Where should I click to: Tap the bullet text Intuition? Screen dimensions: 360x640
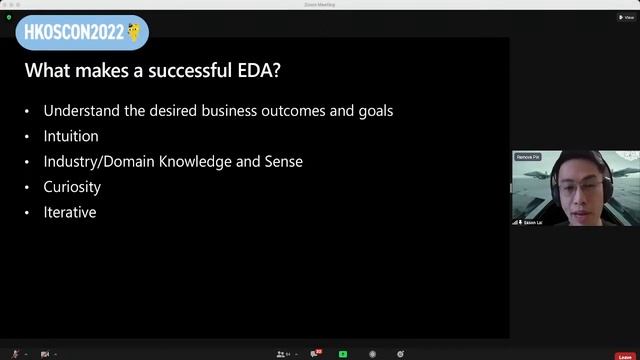(x=71, y=136)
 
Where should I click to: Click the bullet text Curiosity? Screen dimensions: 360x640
(x=72, y=187)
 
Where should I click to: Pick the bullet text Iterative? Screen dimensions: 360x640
(x=70, y=212)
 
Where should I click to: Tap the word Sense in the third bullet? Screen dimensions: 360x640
(x=284, y=161)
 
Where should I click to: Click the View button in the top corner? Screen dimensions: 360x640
(x=625, y=17)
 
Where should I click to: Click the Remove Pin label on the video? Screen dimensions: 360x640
(x=528, y=157)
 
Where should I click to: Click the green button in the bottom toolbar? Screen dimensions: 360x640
(x=343, y=353)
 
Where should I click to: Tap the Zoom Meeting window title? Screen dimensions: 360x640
(x=319, y=4)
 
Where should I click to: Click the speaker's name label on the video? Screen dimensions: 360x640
(x=532, y=222)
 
